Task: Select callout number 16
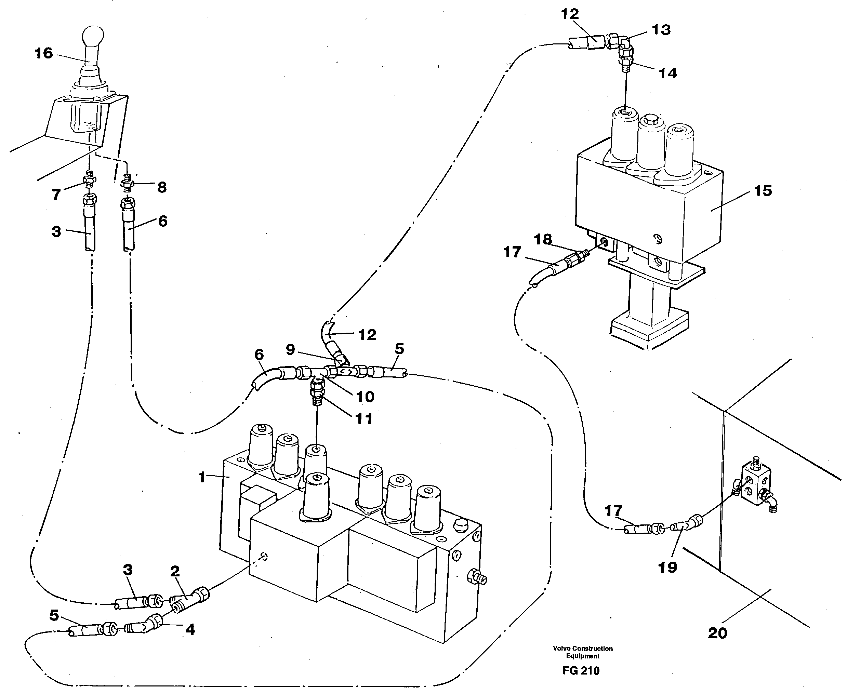[x=43, y=53]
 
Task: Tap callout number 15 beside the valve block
[x=763, y=191]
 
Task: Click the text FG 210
[x=581, y=670]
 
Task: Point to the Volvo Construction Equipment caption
[x=583, y=652]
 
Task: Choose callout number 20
[x=717, y=633]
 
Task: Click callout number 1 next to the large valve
[x=202, y=477]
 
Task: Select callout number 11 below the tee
[x=363, y=418]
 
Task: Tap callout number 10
[x=365, y=397]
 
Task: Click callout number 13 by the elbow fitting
[x=661, y=30]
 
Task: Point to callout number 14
[x=667, y=73]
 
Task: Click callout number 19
[x=667, y=567]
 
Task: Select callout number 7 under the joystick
[x=56, y=195]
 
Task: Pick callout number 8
[x=161, y=187]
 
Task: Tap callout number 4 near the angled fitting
[x=190, y=630]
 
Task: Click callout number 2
[x=175, y=571]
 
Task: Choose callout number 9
[x=290, y=349]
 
